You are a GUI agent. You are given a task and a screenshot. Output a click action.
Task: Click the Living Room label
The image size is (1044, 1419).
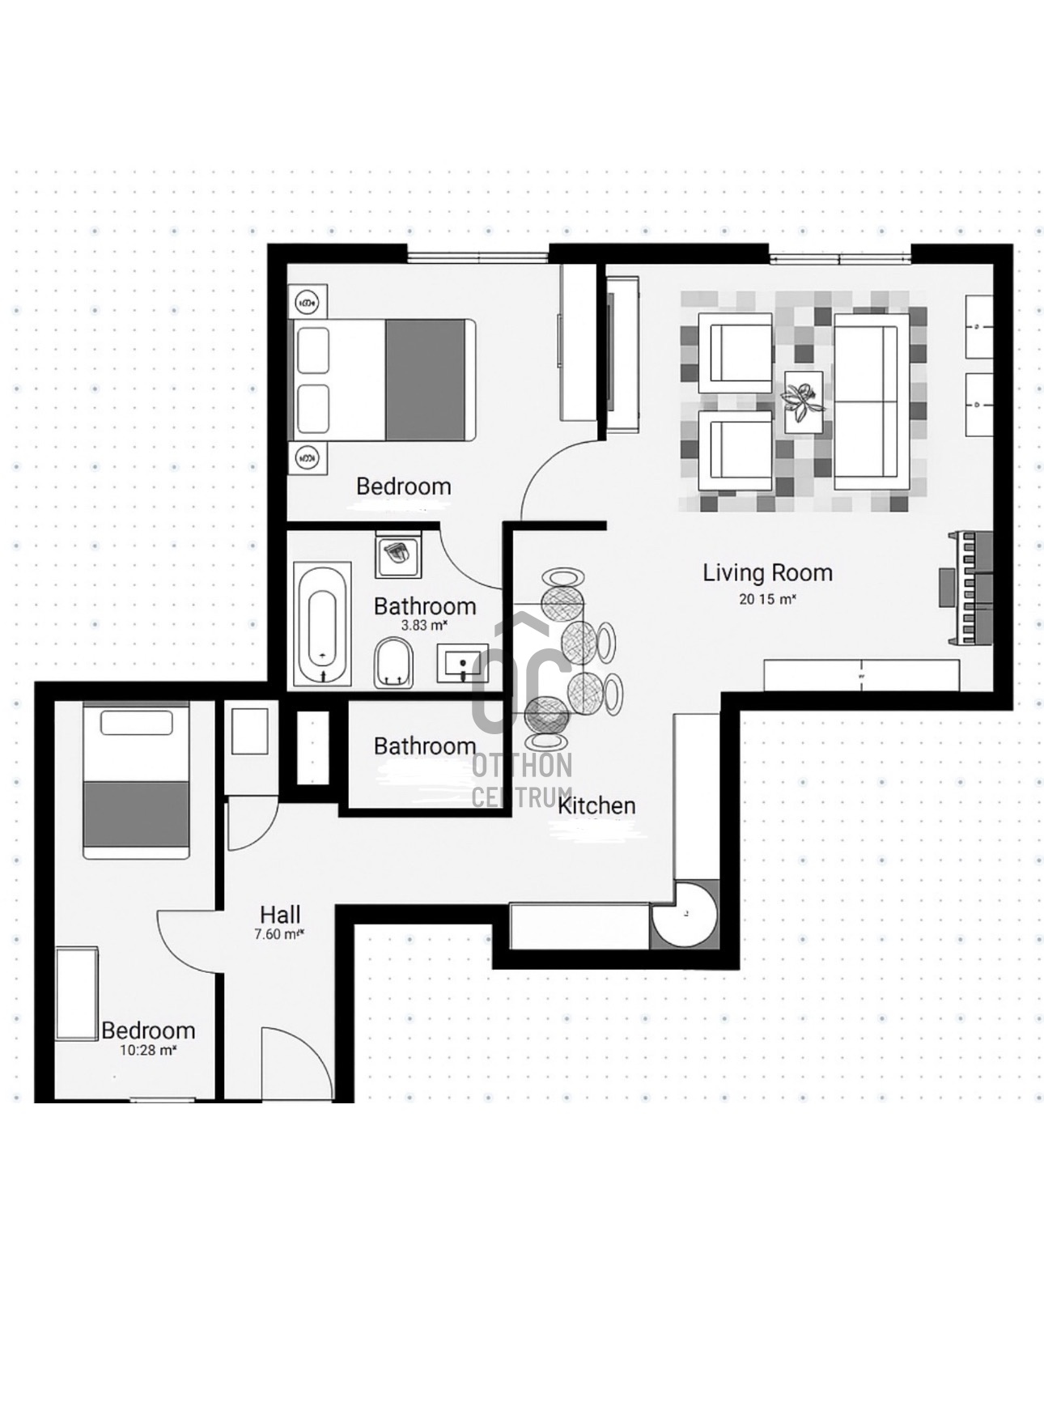click(x=767, y=573)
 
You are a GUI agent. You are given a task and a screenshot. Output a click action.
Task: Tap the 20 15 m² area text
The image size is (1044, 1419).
click(x=767, y=600)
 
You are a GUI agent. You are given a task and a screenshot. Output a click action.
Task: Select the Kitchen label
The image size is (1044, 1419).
click(x=597, y=805)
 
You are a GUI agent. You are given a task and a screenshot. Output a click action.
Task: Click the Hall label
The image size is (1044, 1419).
click(x=280, y=915)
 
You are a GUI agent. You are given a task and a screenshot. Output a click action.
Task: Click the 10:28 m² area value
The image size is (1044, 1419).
click(x=148, y=1050)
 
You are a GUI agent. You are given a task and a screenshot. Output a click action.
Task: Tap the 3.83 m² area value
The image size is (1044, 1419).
click(x=425, y=626)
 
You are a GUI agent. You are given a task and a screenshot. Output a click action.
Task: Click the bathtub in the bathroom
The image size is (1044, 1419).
click(x=323, y=624)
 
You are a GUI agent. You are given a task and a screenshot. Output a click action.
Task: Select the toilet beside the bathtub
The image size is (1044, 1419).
click(x=393, y=663)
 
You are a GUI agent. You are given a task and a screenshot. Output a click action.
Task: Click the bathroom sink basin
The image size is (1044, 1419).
click(x=462, y=664)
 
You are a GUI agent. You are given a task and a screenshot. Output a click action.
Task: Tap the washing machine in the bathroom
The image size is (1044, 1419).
click(x=397, y=554)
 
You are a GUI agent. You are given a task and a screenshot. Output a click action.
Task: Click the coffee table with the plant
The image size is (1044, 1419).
click(x=804, y=402)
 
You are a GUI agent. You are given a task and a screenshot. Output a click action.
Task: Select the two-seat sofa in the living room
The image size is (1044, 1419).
click(x=871, y=401)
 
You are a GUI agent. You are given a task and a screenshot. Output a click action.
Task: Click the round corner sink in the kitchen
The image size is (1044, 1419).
click(x=685, y=914)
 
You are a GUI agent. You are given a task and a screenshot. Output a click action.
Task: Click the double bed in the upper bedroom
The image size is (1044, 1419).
click(x=382, y=380)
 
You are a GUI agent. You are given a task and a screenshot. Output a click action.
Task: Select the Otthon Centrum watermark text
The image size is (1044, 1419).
click(x=522, y=780)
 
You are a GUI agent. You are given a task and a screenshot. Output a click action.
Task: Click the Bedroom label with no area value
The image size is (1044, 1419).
click(x=404, y=486)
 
